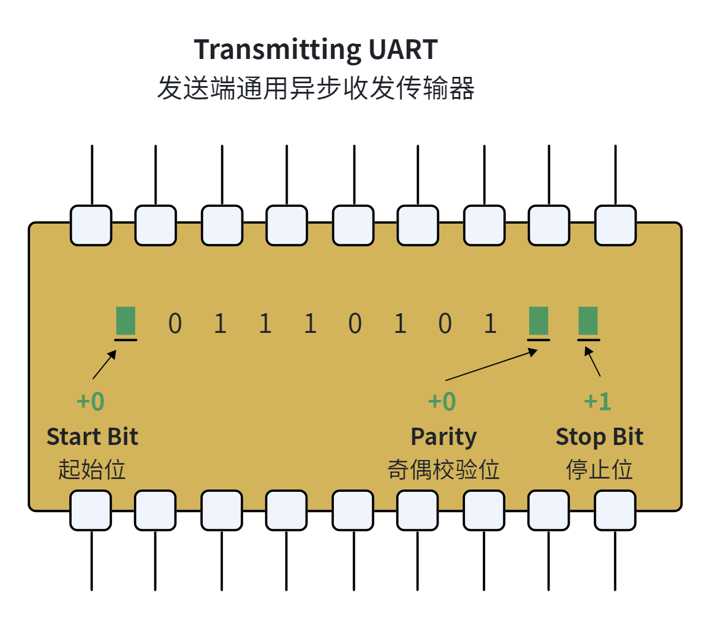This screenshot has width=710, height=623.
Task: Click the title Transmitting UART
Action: click(x=316, y=50)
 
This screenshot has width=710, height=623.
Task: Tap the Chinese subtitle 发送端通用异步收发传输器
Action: click(x=316, y=88)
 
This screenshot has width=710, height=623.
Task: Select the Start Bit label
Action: click(x=92, y=437)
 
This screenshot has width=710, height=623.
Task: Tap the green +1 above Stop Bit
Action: click(x=597, y=402)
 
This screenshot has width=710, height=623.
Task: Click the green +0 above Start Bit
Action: click(x=91, y=402)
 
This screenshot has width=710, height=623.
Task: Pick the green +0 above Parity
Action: click(x=442, y=402)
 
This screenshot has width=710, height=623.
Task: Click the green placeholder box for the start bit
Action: click(x=126, y=321)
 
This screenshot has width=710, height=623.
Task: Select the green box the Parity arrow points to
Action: click(x=538, y=321)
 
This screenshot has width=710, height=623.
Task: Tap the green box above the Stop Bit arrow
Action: click(x=588, y=321)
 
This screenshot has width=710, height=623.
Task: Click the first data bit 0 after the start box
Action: click(x=175, y=323)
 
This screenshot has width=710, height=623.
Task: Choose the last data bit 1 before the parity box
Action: click(x=490, y=323)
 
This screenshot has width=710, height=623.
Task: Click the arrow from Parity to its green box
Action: click(x=491, y=365)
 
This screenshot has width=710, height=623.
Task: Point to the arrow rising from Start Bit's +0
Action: click(x=105, y=365)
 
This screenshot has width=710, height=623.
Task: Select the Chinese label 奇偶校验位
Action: click(x=443, y=469)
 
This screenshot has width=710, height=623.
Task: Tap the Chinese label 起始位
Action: click(x=92, y=469)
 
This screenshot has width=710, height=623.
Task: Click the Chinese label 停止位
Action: click(x=599, y=469)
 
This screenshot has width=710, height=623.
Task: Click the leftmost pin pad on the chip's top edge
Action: click(x=91, y=225)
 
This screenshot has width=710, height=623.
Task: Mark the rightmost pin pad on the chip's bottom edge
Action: click(x=615, y=510)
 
